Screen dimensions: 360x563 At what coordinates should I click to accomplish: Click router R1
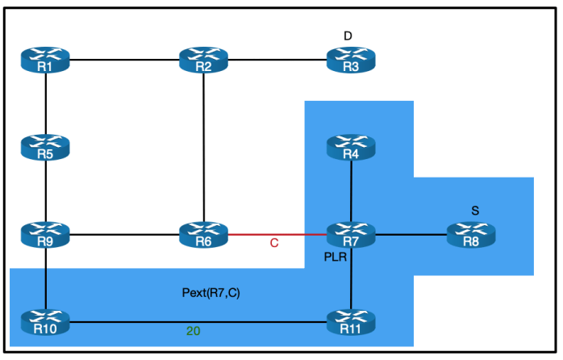pos(46,61)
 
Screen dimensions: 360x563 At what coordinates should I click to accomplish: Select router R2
pos(203,61)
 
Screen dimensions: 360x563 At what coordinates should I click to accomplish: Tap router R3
pos(351,61)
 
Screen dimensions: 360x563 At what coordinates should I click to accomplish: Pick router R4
pos(351,148)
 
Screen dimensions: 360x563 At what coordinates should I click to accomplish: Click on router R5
pos(46,148)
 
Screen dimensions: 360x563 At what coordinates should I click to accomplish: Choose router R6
pos(203,236)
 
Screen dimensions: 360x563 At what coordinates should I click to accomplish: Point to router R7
pos(351,236)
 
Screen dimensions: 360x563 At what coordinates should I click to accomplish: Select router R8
pos(471,236)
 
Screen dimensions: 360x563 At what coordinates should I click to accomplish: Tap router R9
pos(46,236)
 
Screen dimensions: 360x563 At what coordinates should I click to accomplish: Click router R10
pos(46,323)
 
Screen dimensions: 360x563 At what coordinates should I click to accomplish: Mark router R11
pos(351,323)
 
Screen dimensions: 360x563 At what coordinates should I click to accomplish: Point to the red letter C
pos(274,243)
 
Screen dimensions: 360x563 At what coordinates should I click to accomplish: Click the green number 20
pos(193,331)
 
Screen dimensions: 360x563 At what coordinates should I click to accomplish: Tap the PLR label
pos(335,257)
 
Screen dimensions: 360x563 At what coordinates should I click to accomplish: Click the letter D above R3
pos(348,36)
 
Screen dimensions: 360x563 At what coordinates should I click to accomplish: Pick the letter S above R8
pos(475,210)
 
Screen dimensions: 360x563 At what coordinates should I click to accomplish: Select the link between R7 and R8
pos(411,235)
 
